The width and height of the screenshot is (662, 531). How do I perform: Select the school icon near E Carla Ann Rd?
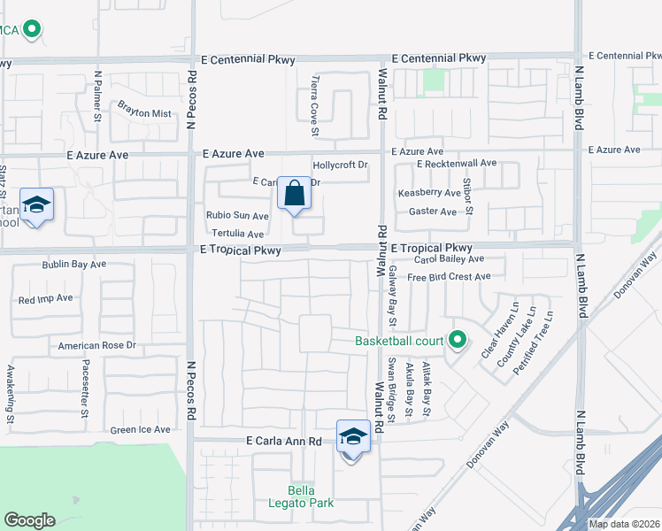pyautogui.click(x=353, y=437)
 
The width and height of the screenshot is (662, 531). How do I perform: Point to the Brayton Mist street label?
pyautogui.click(x=144, y=114)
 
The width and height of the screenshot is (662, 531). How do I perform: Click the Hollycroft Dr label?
pyautogui.click(x=340, y=165)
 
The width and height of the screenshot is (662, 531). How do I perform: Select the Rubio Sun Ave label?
pyautogui.click(x=237, y=216)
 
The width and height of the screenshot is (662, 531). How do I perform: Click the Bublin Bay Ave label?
pyautogui.click(x=74, y=264)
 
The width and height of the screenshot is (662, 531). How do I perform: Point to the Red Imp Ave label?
pyautogui.click(x=45, y=299)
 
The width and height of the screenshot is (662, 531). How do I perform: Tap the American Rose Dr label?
pyautogui.click(x=97, y=345)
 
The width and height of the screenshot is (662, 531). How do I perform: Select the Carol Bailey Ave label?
pyautogui.click(x=449, y=259)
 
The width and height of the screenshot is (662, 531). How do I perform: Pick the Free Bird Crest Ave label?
pyautogui.click(x=449, y=277)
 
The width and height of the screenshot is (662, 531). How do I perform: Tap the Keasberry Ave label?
pyautogui.click(x=429, y=193)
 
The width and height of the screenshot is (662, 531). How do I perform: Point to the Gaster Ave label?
pyautogui.click(x=432, y=212)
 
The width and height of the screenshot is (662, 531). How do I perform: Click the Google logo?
pyautogui.click(x=29, y=520)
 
